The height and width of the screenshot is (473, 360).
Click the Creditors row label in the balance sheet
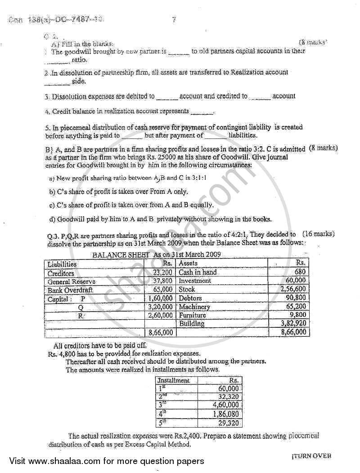(x=61, y=273)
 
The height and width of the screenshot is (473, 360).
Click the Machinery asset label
(x=194, y=307)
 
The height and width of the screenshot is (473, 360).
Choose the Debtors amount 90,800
(x=296, y=298)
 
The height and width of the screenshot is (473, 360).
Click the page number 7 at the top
(x=174, y=19)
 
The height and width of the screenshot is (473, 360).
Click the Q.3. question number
(x=54, y=235)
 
